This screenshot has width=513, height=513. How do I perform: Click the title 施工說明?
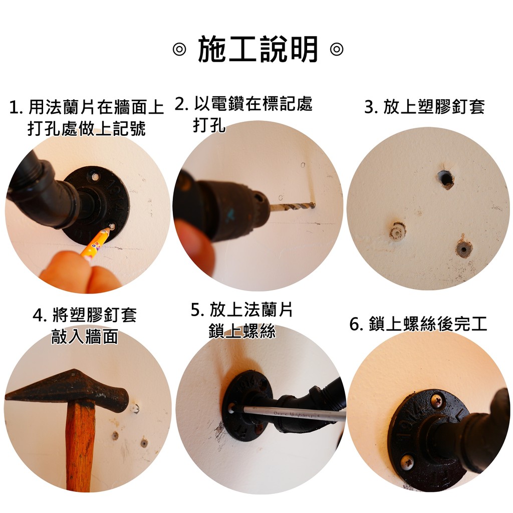(258, 50)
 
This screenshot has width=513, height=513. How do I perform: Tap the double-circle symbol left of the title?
(179, 50)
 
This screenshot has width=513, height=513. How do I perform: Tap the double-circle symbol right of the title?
(336, 50)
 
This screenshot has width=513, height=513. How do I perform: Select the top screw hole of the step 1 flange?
(96, 177)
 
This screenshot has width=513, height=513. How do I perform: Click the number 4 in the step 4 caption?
(39, 316)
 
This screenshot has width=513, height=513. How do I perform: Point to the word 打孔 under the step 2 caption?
(209, 125)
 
